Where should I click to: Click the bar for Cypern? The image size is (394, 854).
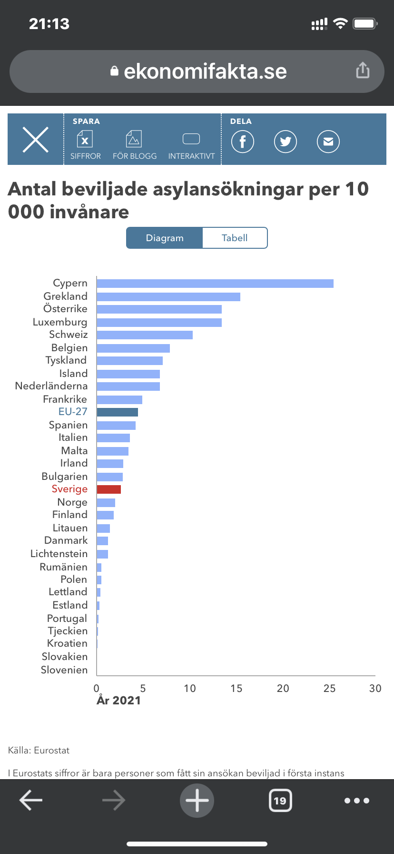click(215, 284)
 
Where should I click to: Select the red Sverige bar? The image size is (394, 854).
click(109, 489)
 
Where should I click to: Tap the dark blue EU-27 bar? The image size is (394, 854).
click(117, 412)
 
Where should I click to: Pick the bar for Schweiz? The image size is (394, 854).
click(145, 335)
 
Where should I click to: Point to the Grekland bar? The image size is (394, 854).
click(168, 297)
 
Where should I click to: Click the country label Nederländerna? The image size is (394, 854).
click(51, 386)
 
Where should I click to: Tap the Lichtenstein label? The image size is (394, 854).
click(59, 554)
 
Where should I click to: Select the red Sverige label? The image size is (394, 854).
click(69, 489)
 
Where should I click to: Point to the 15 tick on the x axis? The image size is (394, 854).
click(236, 688)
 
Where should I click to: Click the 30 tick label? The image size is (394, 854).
click(375, 688)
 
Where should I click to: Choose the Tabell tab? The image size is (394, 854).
click(235, 238)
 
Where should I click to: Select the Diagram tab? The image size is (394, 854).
click(165, 238)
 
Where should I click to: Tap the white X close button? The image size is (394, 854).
click(36, 140)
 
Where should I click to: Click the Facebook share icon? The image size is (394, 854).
click(243, 142)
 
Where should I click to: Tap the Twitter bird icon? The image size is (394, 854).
click(286, 142)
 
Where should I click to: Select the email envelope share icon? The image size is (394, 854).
click(328, 142)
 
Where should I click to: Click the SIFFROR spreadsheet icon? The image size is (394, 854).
click(85, 140)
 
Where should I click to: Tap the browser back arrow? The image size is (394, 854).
click(31, 801)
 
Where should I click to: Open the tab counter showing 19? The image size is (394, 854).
click(280, 801)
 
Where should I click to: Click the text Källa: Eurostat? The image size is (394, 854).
click(39, 751)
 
